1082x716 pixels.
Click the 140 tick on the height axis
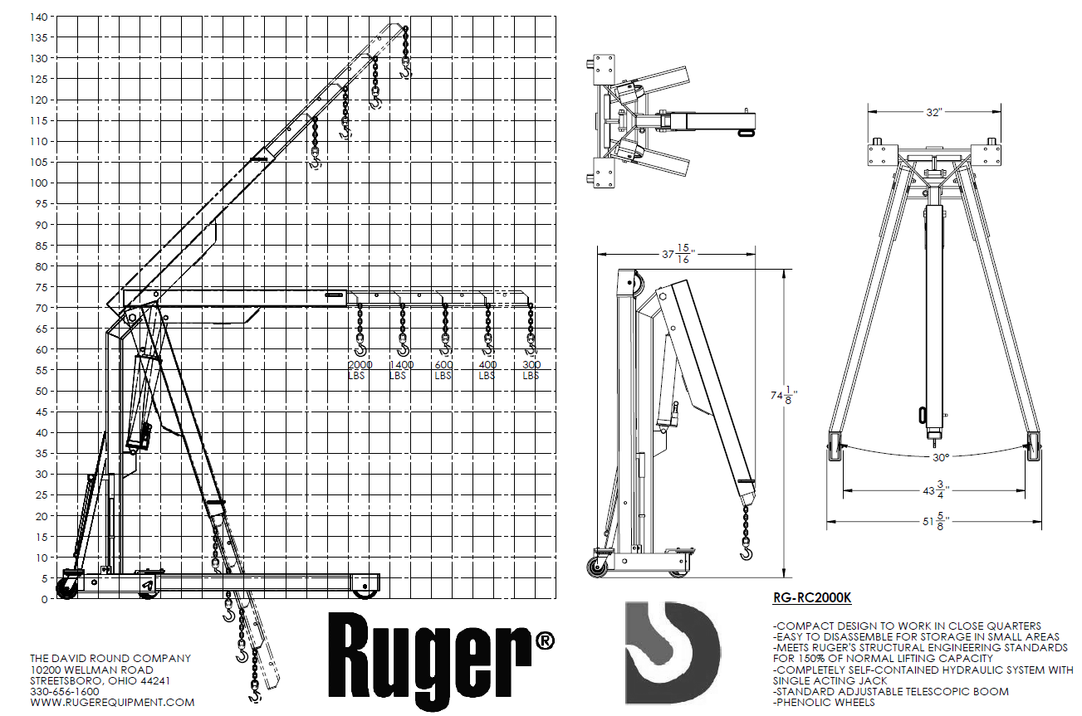pos(39,17)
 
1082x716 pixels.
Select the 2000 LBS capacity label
pos(360,370)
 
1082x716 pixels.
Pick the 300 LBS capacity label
pos(531,370)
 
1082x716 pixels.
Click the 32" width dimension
pos(936,113)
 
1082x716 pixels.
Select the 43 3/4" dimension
pos(935,490)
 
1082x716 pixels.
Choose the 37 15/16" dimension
pos(675,256)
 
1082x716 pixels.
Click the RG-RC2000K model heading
pos(811,597)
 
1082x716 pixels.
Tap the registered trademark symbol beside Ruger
pos(545,641)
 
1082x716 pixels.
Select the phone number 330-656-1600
pos(64,691)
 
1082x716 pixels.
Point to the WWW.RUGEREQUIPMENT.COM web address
pos(112,702)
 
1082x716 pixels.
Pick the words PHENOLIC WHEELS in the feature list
pos(823,702)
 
